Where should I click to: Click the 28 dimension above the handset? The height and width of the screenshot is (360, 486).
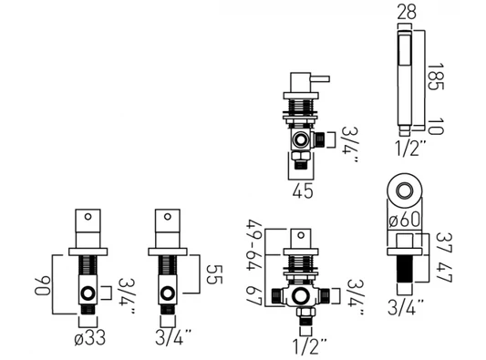tap(407, 12)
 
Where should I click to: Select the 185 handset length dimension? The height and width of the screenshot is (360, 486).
tap(436, 77)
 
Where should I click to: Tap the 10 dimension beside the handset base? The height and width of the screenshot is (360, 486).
tap(436, 127)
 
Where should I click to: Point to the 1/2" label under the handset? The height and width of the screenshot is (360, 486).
tap(410, 148)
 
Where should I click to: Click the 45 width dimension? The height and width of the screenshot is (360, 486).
tap(303, 190)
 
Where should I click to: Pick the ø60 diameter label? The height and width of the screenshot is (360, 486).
tap(405, 220)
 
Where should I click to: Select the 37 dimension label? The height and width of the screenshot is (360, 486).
tap(444, 242)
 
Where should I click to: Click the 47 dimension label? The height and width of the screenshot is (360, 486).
tap(444, 272)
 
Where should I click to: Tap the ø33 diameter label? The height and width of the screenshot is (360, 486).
tap(90, 338)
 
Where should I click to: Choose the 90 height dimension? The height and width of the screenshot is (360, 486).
tap(42, 285)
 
